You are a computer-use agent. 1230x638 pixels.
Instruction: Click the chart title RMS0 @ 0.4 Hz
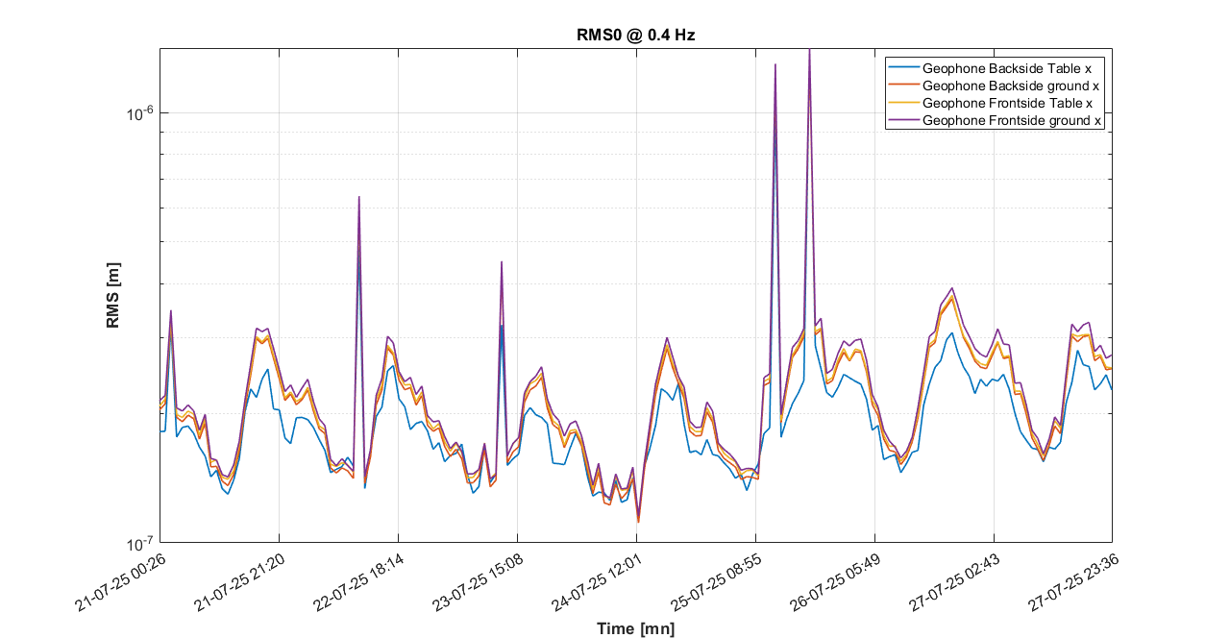(634, 35)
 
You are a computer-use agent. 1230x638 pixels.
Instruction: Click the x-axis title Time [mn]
(635, 628)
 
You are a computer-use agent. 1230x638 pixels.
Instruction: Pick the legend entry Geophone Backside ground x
(1010, 86)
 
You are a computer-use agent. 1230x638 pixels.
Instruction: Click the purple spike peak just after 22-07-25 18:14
(359, 197)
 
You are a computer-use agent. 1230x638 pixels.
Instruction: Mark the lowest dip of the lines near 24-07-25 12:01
(639, 522)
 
